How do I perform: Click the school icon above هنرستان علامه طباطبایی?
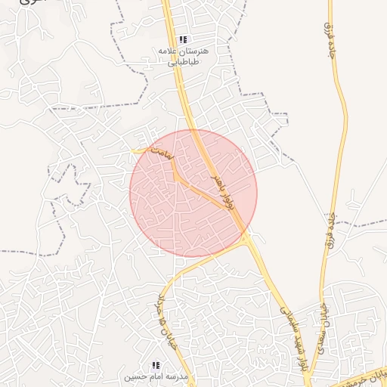coord(182,39)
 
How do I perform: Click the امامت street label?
coord(162,153)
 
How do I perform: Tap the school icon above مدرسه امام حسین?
coord(156,365)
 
